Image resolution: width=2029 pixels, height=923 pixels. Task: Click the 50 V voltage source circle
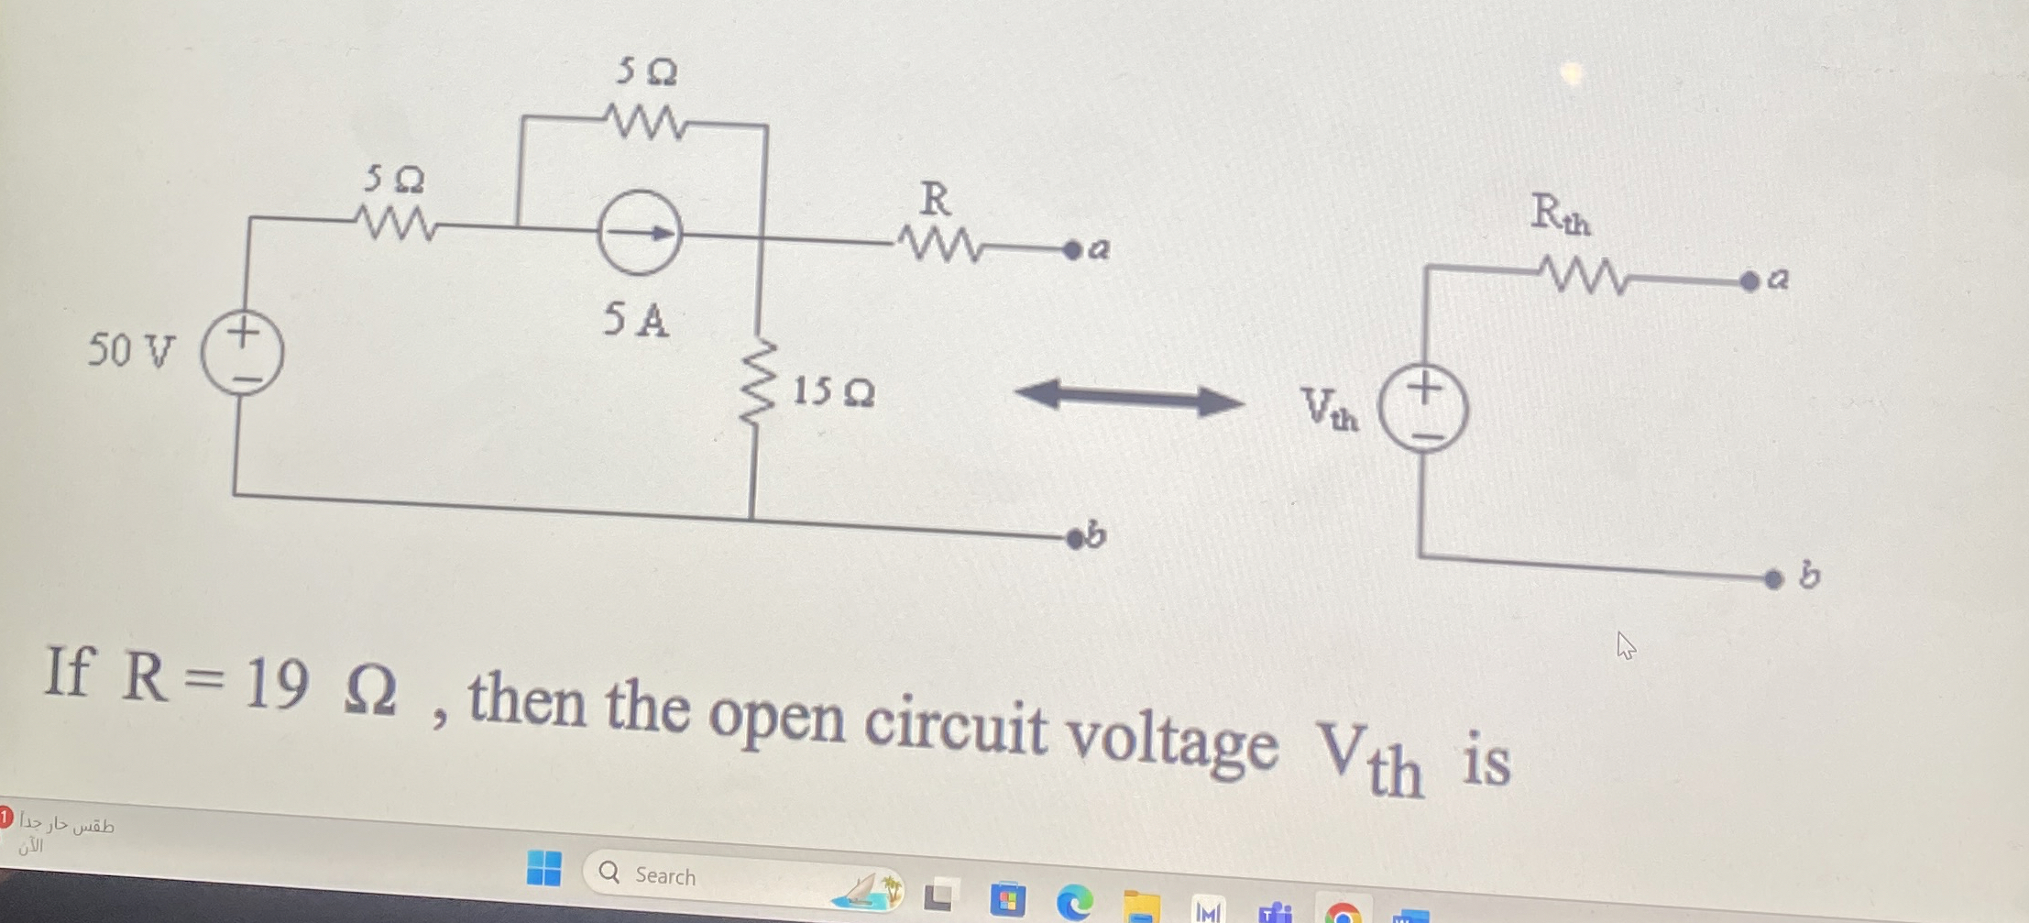click(x=242, y=353)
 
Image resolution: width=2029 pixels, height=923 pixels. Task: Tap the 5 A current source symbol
click(x=639, y=233)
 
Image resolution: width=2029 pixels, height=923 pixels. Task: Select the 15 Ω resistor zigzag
click(x=758, y=383)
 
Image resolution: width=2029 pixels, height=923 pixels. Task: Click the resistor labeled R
click(x=940, y=244)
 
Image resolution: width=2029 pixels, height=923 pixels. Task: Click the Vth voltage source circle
click(x=1423, y=408)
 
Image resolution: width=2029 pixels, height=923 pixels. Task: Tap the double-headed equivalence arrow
click(x=1129, y=398)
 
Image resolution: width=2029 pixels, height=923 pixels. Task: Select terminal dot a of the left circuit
click(x=1071, y=250)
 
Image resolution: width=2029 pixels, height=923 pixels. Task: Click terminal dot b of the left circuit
click(x=1074, y=539)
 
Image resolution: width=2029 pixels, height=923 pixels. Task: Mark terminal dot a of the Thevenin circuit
click(x=1749, y=281)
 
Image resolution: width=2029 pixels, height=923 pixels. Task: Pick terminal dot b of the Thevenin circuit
click(x=1773, y=579)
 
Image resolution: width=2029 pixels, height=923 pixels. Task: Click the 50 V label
click(x=130, y=350)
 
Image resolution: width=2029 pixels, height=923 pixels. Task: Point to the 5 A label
click(x=635, y=320)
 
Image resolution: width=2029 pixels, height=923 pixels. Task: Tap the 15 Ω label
click(x=832, y=392)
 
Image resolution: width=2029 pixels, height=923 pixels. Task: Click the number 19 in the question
click(x=277, y=684)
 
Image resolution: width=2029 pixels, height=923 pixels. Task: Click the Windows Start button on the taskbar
click(x=544, y=867)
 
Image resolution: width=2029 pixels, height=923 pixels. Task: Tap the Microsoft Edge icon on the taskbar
click(x=1074, y=902)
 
